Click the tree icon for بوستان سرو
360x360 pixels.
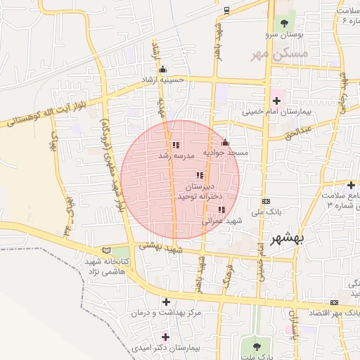284,23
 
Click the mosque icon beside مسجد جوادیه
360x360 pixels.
225,143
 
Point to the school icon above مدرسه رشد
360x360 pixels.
175,145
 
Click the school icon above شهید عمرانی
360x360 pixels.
221,210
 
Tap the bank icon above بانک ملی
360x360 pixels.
265,201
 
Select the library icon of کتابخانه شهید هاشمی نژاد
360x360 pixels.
106,250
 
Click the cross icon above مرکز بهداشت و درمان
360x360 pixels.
165,302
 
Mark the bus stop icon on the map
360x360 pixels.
226,11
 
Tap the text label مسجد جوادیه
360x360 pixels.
226,153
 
